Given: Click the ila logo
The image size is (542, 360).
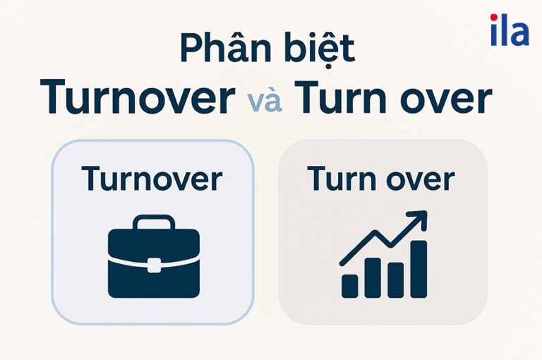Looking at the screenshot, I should [509, 30].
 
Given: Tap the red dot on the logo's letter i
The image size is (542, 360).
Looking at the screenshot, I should [494, 18].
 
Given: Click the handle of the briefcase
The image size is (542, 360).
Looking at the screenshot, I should [153, 224].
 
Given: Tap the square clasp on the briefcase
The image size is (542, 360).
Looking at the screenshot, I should [153, 265].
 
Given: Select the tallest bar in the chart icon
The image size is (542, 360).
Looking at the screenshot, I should [418, 268].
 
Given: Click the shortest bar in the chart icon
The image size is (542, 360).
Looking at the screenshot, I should [350, 285].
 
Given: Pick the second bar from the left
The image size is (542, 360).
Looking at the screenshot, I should [373, 277].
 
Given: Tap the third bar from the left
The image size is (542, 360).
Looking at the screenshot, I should [395, 280].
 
